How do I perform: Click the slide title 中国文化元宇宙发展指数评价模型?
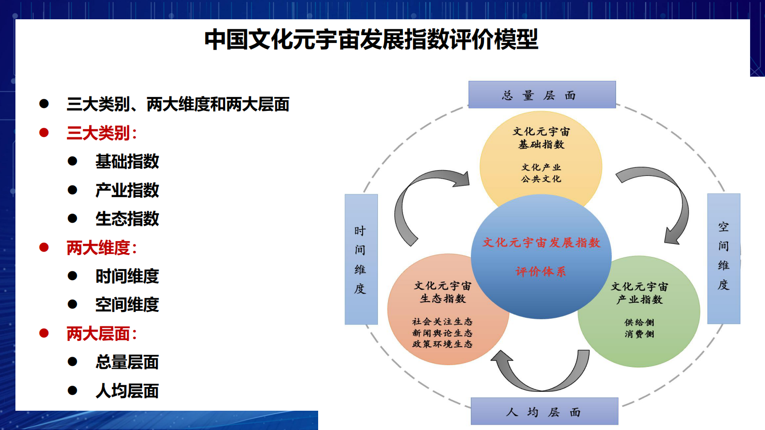pyautogui.click(x=371, y=40)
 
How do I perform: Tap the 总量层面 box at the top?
pyautogui.click(x=542, y=95)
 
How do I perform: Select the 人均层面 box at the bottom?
pyautogui.click(x=544, y=412)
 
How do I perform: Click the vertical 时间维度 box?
pyautogui.click(x=361, y=259)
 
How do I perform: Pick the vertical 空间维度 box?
pyautogui.click(x=724, y=258)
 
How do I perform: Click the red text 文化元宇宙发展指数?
pyautogui.click(x=541, y=242)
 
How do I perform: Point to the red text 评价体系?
pyautogui.click(x=541, y=272)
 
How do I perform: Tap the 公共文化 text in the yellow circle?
pyautogui.click(x=541, y=179)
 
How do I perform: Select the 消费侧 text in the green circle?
pyautogui.click(x=639, y=334)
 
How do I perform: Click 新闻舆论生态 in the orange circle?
pyautogui.click(x=442, y=333)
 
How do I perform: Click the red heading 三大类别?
pyautogui.click(x=102, y=133)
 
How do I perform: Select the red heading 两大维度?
pyautogui.click(x=102, y=248)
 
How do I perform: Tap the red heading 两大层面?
pyautogui.click(x=102, y=334)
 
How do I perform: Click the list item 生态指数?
pyautogui.click(x=127, y=219)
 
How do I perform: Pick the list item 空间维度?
pyautogui.click(x=127, y=305)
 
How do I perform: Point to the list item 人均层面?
pyautogui.click(x=127, y=391)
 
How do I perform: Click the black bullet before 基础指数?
pyautogui.click(x=73, y=161)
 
